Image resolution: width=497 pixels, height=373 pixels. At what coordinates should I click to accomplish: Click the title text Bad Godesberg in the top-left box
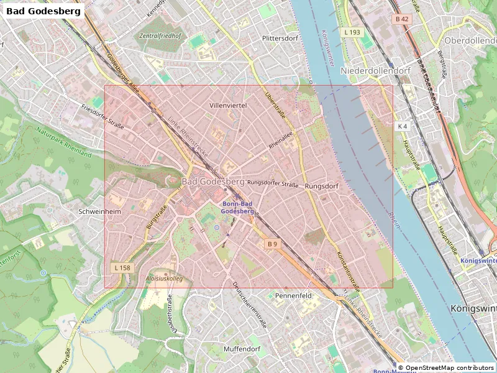(43, 11)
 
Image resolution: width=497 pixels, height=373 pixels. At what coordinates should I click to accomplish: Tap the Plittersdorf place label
(280, 38)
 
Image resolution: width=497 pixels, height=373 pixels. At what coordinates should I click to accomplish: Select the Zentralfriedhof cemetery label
(160, 36)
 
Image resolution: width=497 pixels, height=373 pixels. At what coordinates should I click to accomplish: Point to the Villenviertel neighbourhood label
(228, 106)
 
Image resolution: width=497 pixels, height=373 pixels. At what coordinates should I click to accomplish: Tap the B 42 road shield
(402, 19)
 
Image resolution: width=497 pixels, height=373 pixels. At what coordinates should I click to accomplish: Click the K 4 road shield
(403, 126)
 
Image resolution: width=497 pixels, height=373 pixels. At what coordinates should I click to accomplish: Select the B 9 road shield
(272, 244)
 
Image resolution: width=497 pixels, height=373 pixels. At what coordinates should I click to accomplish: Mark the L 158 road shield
(122, 268)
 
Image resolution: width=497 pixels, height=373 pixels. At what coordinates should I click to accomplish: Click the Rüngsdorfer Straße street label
(273, 184)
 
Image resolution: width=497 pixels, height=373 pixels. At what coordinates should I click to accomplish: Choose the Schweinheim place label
(99, 211)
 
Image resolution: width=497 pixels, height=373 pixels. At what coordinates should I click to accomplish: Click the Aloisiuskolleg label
(165, 279)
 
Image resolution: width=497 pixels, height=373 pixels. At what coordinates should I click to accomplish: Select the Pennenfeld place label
(293, 296)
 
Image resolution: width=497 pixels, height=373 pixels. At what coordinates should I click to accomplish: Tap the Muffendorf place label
(242, 349)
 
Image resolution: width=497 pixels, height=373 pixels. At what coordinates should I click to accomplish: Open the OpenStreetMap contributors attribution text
(445, 367)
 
